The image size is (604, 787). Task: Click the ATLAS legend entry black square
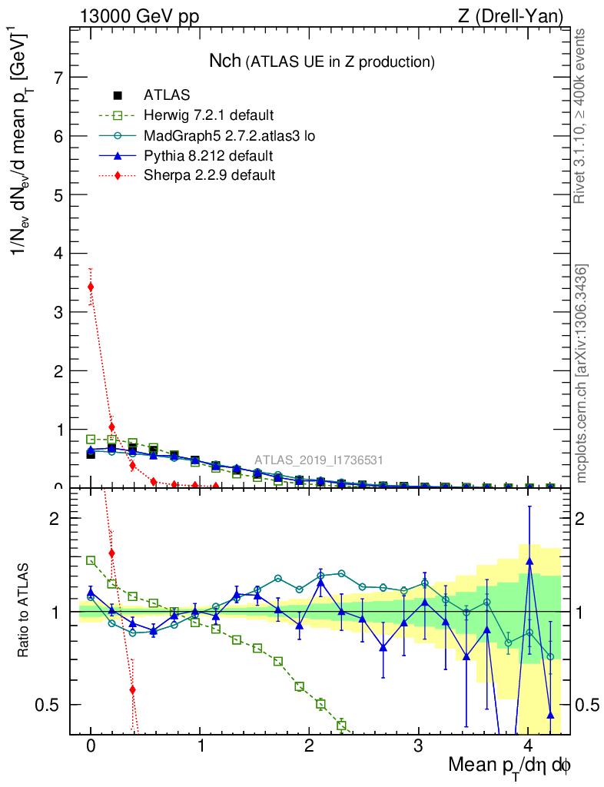pyautogui.click(x=118, y=95)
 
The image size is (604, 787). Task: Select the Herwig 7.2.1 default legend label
pyautogui.click(x=208, y=115)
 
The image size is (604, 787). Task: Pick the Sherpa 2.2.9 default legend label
pyautogui.click(x=210, y=176)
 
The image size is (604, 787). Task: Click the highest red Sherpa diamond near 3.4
pyautogui.click(x=91, y=287)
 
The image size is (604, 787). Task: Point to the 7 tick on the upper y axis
pyautogui.click(x=56, y=78)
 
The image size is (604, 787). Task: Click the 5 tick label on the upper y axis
pyautogui.click(x=56, y=194)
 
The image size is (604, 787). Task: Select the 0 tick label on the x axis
pyautogui.click(x=91, y=746)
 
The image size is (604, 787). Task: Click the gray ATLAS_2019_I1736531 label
pyautogui.click(x=319, y=460)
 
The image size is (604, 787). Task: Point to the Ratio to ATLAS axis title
pyautogui.click(x=24, y=612)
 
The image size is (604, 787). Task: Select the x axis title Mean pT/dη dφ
pyautogui.click(x=509, y=766)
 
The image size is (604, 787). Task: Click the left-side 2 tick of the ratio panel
pyautogui.click(x=55, y=518)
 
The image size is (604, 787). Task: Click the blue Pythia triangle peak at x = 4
pyautogui.click(x=529, y=561)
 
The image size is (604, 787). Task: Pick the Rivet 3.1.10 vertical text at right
pyautogui.click(x=582, y=115)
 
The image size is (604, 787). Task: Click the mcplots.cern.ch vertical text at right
pyautogui.click(x=582, y=373)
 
